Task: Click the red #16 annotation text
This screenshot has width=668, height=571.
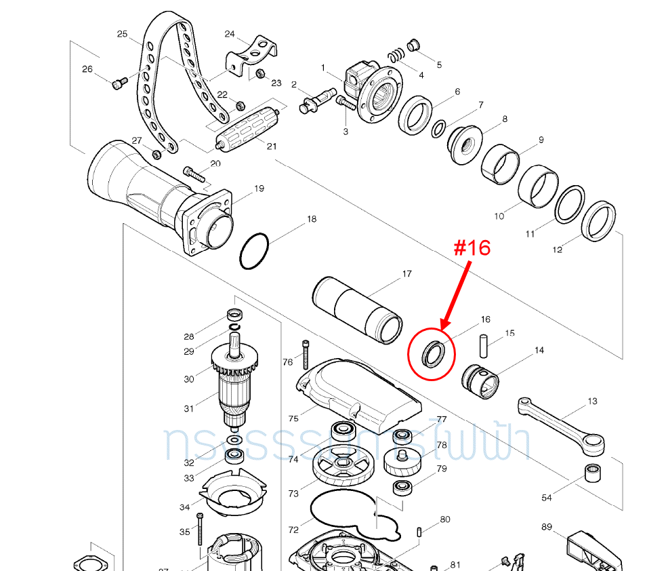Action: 472,248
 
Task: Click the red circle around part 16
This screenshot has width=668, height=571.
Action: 432,354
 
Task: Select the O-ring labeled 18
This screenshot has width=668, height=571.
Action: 255,251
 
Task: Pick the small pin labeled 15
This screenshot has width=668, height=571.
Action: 484,344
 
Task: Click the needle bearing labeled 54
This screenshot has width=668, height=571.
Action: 593,472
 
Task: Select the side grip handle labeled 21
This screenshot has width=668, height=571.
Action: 247,129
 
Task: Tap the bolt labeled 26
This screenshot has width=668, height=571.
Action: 119,83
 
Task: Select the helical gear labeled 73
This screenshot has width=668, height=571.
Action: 344,466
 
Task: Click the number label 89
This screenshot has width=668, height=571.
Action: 547,526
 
